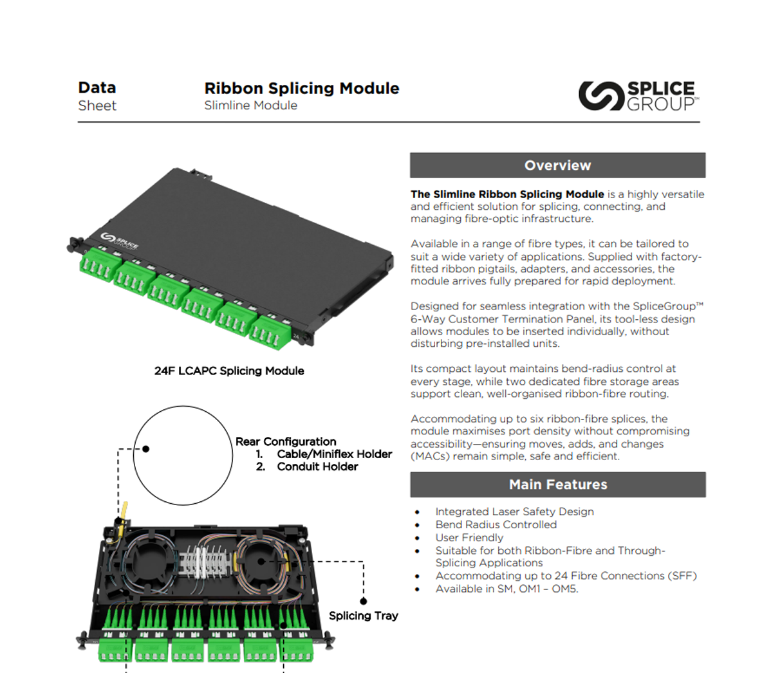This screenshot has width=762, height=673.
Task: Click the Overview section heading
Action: (x=557, y=165)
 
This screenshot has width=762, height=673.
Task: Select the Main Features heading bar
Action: (x=557, y=484)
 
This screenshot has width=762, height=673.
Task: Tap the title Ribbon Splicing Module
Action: (x=301, y=88)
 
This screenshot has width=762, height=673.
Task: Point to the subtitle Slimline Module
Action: (x=250, y=106)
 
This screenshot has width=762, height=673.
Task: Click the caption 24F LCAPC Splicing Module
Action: (x=229, y=371)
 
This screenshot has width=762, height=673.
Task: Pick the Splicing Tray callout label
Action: (x=363, y=616)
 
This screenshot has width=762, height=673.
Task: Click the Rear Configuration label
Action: (x=286, y=441)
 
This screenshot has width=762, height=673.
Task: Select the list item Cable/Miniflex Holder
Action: (x=334, y=454)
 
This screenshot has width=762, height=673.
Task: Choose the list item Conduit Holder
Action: (x=317, y=466)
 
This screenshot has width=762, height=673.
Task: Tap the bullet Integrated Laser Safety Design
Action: (x=514, y=512)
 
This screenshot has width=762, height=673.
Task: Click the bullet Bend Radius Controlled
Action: (x=496, y=524)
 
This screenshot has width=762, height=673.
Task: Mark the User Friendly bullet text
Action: (x=469, y=537)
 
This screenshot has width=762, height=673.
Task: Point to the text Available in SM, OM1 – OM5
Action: (x=506, y=589)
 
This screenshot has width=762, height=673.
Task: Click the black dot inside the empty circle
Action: (x=146, y=448)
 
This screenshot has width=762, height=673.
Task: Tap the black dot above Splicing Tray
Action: (x=363, y=601)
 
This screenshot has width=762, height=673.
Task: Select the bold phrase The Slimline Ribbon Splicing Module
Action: (x=507, y=194)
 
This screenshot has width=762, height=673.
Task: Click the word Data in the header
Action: (x=97, y=88)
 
